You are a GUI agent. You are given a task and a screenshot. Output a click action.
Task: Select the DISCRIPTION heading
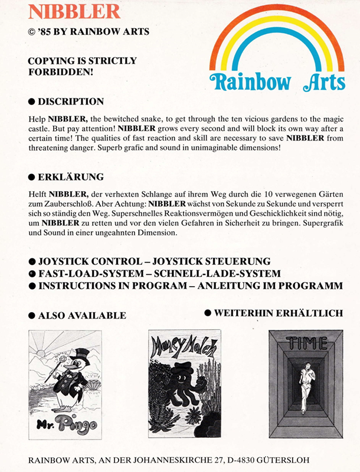[x=70, y=101]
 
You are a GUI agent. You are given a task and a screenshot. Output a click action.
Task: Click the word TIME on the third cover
[x=305, y=343]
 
